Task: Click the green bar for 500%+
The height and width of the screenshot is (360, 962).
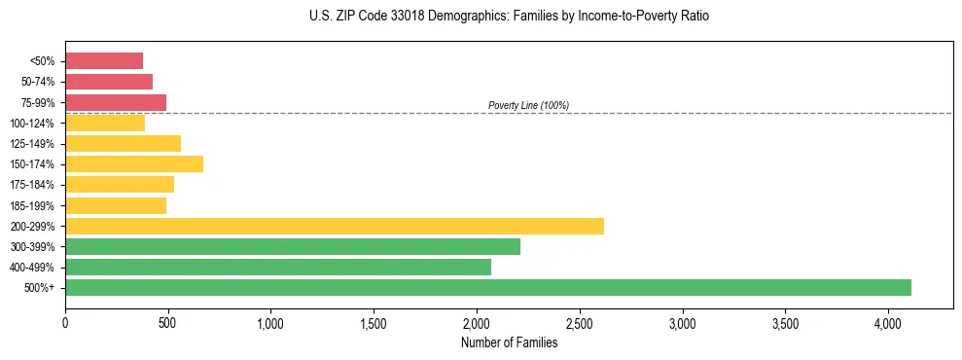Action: pos(488,288)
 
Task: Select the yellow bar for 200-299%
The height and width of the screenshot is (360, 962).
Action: pos(335,226)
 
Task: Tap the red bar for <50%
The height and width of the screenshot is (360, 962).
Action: pos(104,60)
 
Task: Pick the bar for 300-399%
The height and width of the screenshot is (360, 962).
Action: pos(293,247)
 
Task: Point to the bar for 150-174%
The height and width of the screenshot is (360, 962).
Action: pos(134,163)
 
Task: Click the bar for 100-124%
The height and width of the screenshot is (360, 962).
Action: pos(105,123)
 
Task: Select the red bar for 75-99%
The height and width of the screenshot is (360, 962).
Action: pos(116,102)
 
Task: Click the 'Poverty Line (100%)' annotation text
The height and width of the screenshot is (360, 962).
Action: pos(528,105)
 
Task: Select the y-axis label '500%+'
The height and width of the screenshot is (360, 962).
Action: pos(40,288)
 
